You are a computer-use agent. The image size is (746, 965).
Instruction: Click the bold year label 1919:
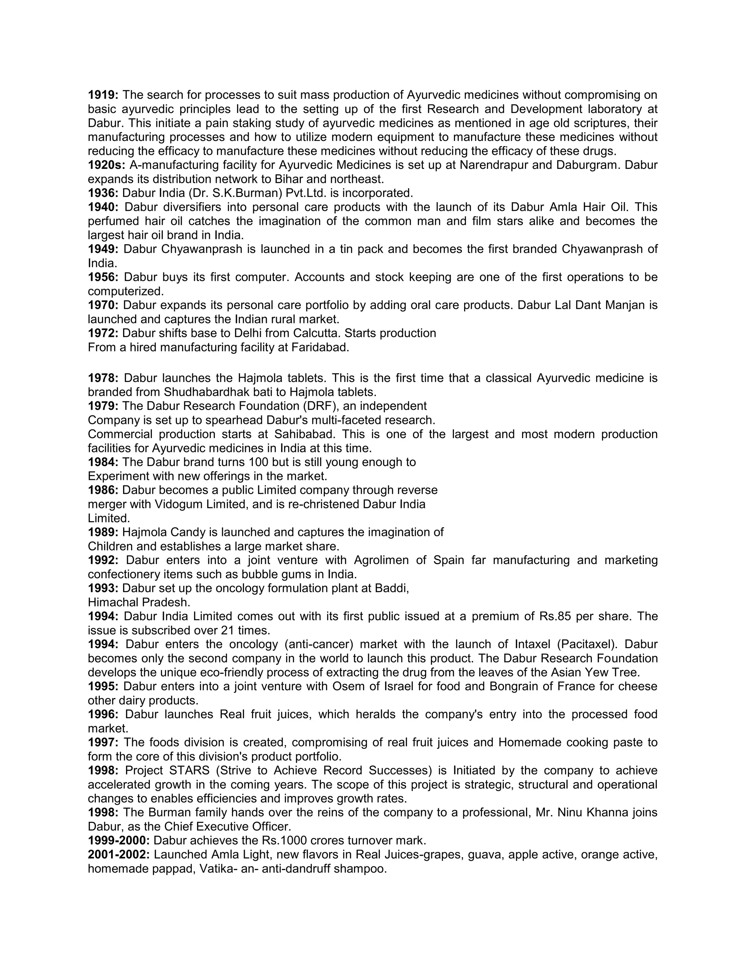point(103,95)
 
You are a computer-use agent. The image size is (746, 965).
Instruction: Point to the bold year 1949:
point(103,249)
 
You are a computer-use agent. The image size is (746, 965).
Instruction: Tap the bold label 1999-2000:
point(119,840)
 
